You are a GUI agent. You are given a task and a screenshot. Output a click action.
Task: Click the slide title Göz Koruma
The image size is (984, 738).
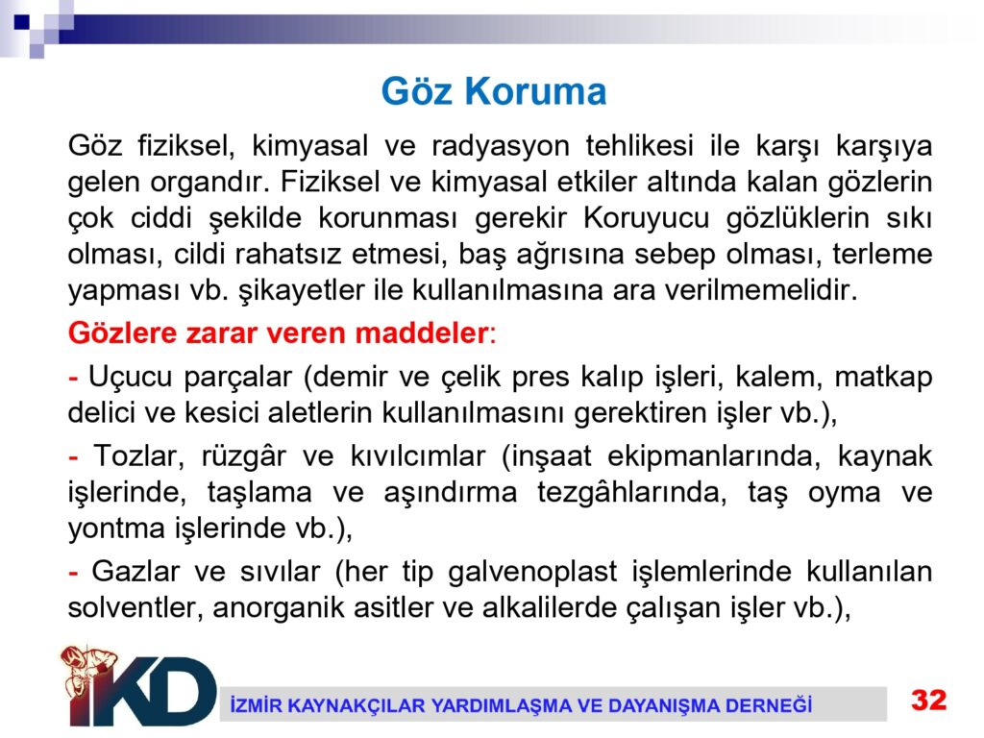[x=494, y=91]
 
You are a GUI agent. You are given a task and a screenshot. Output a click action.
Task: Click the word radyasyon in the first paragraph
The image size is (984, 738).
[x=500, y=146]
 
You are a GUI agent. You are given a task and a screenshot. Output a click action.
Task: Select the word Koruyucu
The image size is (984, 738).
[x=647, y=218]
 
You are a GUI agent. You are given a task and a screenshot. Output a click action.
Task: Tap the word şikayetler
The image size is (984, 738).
[x=301, y=290]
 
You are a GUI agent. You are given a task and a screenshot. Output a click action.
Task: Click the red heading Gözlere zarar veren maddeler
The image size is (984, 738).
[x=278, y=332]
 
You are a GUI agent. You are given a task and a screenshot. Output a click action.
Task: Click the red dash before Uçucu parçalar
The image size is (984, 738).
[x=73, y=378]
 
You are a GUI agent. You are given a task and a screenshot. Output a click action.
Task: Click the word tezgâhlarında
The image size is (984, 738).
[x=631, y=493]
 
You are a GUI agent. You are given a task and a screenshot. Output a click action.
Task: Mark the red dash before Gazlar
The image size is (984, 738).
[x=73, y=573]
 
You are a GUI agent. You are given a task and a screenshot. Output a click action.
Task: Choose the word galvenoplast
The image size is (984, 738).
[x=532, y=573]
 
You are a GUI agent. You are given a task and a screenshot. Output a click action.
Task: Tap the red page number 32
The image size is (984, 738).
[x=929, y=700]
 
